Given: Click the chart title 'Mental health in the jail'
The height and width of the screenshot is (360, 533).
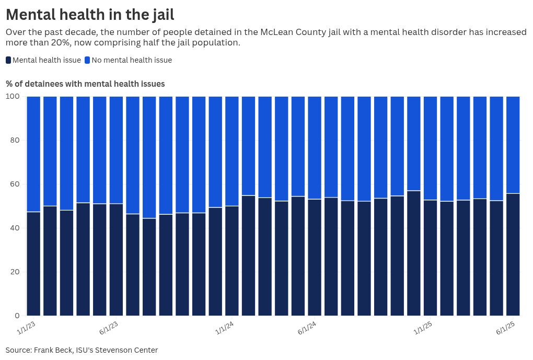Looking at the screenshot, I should [x=90, y=14].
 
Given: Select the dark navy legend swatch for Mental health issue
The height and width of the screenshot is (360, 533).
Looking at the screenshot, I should [x=8, y=60].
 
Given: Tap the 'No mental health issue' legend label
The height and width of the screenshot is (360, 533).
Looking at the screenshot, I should [x=131, y=60].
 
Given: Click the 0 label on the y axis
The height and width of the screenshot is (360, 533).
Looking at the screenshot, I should [x=17, y=316].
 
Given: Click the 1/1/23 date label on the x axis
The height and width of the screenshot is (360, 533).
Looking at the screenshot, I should [x=26, y=328].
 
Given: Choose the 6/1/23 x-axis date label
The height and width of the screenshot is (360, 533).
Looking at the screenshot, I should [x=109, y=328].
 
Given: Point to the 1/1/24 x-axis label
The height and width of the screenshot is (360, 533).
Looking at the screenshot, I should [x=225, y=328].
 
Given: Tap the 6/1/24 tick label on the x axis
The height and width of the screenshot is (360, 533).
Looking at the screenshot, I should [x=307, y=328].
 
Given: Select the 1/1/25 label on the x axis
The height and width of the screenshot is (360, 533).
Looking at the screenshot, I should [x=423, y=328].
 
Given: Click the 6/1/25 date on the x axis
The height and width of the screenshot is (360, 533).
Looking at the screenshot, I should [x=506, y=328].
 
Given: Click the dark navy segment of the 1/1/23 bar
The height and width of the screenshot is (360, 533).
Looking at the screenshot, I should [x=33, y=264].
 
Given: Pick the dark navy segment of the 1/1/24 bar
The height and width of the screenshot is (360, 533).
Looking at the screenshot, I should [x=232, y=261].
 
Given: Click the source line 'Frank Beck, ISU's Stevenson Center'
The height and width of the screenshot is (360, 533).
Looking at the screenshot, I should [x=82, y=350].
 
